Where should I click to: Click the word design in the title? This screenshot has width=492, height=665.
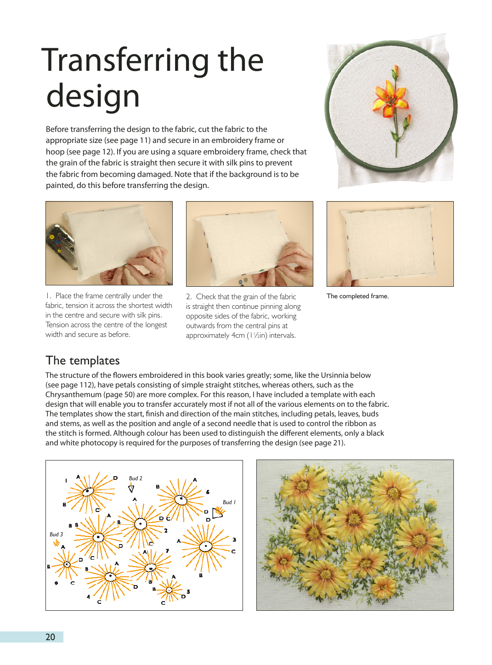[93, 97]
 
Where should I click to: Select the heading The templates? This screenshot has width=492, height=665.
[83, 361]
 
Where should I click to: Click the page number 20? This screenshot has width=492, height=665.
[50, 637]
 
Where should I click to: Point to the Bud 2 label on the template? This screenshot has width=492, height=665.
[136, 478]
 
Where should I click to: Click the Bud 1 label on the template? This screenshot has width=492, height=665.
[229, 502]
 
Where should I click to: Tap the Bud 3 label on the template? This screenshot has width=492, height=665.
[56, 534]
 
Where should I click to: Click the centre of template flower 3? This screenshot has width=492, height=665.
[205, 546]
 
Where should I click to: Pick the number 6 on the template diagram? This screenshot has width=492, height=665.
[208, 492]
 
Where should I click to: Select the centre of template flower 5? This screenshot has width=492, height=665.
[169, 590]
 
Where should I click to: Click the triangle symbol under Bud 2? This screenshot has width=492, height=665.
[131, 488]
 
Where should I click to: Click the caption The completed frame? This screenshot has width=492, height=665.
[357, 296]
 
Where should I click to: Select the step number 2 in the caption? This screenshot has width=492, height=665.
[188, 297]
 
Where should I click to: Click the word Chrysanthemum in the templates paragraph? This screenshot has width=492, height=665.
[74, 395]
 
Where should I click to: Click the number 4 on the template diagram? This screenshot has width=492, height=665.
[88, 597]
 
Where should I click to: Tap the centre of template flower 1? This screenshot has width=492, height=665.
[87, 492]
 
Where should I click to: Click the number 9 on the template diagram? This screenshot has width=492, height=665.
[57, 583]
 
